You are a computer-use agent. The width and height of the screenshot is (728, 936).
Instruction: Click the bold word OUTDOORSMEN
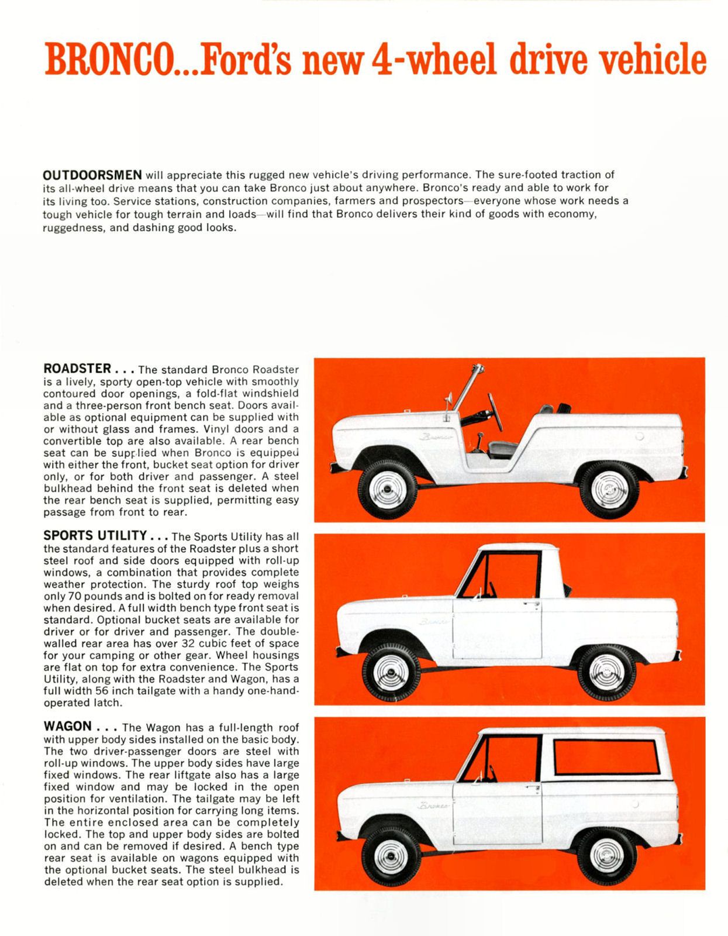click(92, 174)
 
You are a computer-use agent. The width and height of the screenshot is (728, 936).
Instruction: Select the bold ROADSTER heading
click(77, 369)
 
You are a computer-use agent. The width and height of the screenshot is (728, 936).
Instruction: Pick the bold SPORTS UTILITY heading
click(95, 536)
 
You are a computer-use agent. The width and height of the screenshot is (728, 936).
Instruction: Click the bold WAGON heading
click(68, 727)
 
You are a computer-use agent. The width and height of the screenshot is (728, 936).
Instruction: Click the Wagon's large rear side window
click(606, 758)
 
